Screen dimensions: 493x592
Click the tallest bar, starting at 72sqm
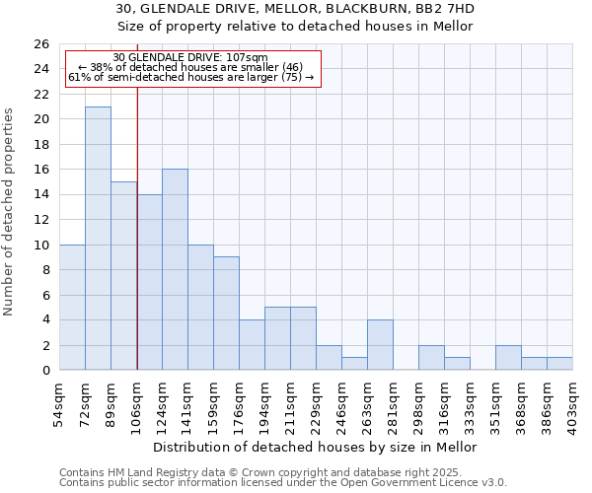pos(98,239)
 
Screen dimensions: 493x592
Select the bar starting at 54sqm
pos(72,308)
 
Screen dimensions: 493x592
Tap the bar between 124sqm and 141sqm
pos(175,269)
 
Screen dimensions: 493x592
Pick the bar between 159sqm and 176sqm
pos(226,314)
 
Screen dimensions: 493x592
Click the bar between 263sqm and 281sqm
pos(380,345)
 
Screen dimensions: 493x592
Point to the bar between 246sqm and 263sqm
pos(354,364)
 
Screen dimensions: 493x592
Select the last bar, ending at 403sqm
pos(559,364)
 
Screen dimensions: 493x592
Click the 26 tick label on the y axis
pos(40,44)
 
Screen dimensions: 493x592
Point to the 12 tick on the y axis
pos(40,220)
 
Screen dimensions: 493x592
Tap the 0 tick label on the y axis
pos(44,371)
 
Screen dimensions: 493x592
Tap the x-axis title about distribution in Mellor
pos(316,447)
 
